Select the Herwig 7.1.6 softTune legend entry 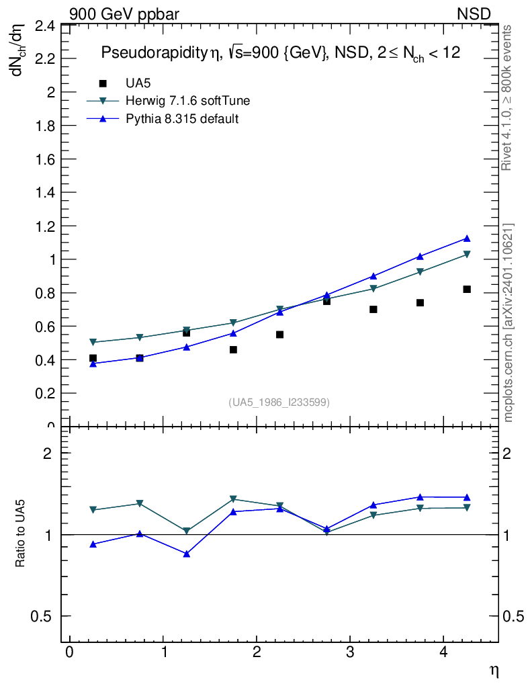[188, 101]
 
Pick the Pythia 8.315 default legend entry [182, 119]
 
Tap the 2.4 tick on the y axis [44, 26]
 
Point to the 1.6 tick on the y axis [44, 159]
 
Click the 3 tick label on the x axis [350, 653]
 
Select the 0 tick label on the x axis [69, 653]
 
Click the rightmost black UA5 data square [467, 289]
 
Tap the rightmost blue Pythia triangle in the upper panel [467, 239]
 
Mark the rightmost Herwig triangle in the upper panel [467, 255]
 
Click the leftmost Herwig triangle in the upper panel [93, 343]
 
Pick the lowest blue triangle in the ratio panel [187, 554]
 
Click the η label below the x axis [494, 670]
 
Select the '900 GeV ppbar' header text [124, 13]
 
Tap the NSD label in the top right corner [474, 13]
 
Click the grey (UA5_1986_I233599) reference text [279, 402]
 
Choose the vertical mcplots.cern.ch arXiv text [509, 322]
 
